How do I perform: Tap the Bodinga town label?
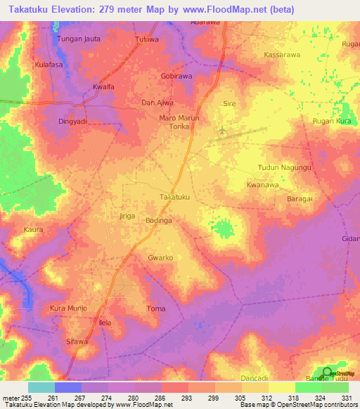(158, 220)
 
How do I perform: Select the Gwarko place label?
(160, 258)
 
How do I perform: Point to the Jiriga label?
(127, 216)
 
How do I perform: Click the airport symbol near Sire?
(223, 130)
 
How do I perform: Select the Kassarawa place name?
(282, 54)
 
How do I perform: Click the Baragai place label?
(302, 200)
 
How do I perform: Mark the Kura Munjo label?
(68, 309)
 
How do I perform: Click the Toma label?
(155, 309)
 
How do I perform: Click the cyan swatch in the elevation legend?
(41, 387)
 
